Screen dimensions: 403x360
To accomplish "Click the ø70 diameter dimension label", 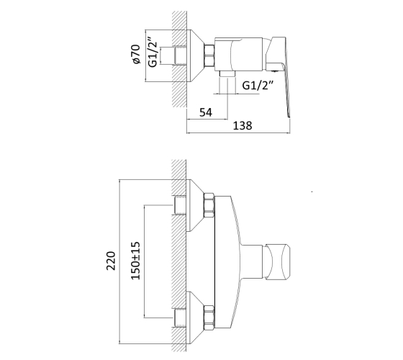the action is pyautogui.click(x=136, y=54).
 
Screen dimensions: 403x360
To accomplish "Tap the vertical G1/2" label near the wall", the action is pyautogui.click(x=153, y=52).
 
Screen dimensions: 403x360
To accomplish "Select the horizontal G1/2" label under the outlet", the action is pyautogui.click(x=258, y=85).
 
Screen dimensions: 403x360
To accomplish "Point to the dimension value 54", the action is pyautogui.click(x=206, y=112).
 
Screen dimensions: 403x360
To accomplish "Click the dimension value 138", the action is pyautogui.click(x=243, y=126).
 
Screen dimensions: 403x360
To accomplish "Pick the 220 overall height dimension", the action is pyautogui.click(x=111, y=261).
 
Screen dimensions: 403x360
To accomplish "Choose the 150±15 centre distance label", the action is pyautogui.click(x=135, y=261).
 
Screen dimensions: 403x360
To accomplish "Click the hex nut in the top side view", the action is pyautogui.click(x=209, y=55).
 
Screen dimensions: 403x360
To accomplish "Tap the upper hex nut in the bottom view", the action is pyautogui.click(x=209, y=206).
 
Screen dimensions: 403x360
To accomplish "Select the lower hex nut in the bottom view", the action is pyautogui.click(x=209, y=318).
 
